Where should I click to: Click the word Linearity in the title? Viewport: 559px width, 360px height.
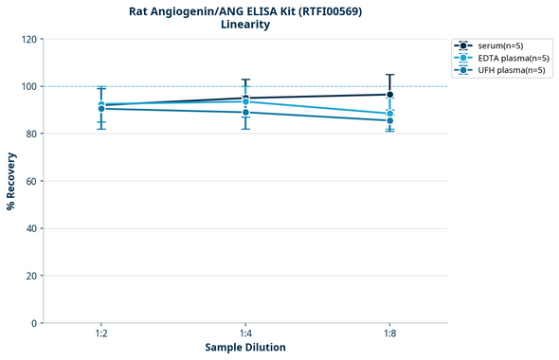click(245, 25)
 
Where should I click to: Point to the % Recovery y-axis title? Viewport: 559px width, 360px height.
click(11, 181)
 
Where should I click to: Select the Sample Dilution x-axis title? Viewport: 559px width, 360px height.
click(245, 348)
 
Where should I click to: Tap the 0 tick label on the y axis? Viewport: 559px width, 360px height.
click(33, 323)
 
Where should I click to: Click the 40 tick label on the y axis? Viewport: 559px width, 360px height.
click(30, 228)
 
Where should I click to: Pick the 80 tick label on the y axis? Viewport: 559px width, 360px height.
click(30, 134)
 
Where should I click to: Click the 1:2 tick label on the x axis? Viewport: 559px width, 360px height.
click(101, 333)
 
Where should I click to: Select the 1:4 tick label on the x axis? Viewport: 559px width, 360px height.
click(245, 333)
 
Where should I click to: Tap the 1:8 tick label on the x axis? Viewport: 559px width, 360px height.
click(390, 333)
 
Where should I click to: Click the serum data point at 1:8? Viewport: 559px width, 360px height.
click(390, 95)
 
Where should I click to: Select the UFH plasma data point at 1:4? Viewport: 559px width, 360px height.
click(245, 113)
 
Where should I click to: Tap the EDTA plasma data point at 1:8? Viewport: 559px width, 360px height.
click(390, 114)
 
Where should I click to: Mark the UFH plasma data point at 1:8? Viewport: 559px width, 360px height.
click(390, 120)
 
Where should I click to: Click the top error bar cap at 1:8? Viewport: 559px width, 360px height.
click(390, 75)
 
